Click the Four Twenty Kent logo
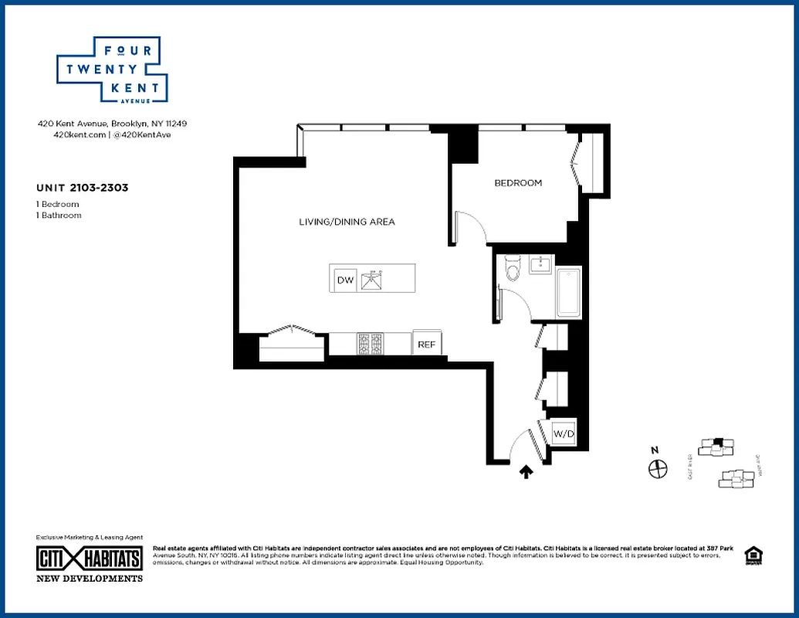click(112, 70)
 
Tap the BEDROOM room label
click(518, 183)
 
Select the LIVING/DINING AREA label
click(347, 222)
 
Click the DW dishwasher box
click(345, 280)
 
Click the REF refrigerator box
click(426, 345)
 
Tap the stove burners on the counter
click(370, 344)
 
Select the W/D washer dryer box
click(564, 435)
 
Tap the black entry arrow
click(526, 471)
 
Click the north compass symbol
click(657, 467)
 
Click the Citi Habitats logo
click(90, 559)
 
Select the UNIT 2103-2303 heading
click(82, 187)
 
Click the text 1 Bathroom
click(59, 216)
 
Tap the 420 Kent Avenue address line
click(112, 124)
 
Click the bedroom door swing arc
click(472, 227)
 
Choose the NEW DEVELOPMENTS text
click(90, 578)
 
